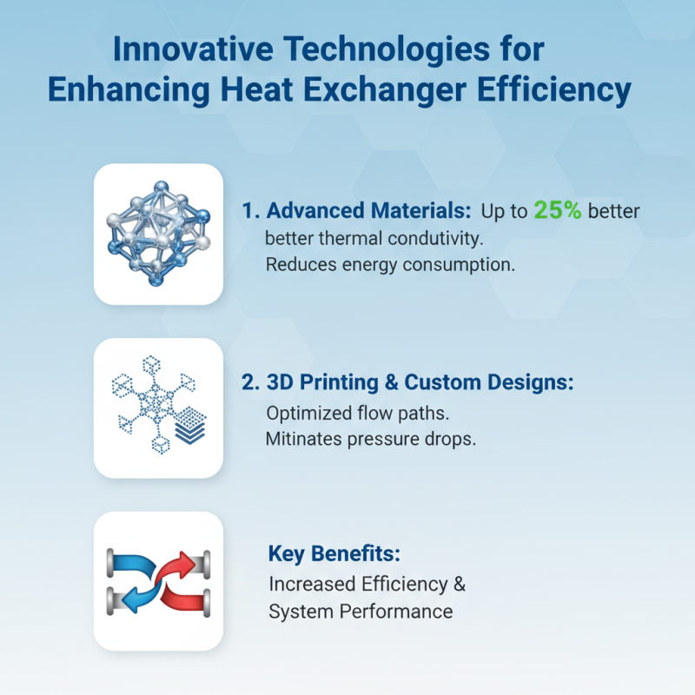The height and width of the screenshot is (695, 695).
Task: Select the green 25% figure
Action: [x=557, y=210]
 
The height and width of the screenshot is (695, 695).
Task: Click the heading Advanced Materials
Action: [x=367, y=211]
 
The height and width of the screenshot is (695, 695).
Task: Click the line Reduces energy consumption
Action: [x=390, y=265]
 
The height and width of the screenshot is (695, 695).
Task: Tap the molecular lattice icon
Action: [x=158, y=233]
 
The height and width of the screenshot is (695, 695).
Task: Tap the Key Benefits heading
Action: [x=334, y=554]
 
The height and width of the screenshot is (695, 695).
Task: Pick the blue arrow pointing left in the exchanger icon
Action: [x=143, y=597]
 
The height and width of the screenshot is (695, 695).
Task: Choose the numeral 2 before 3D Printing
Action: [x=249, y=383]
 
